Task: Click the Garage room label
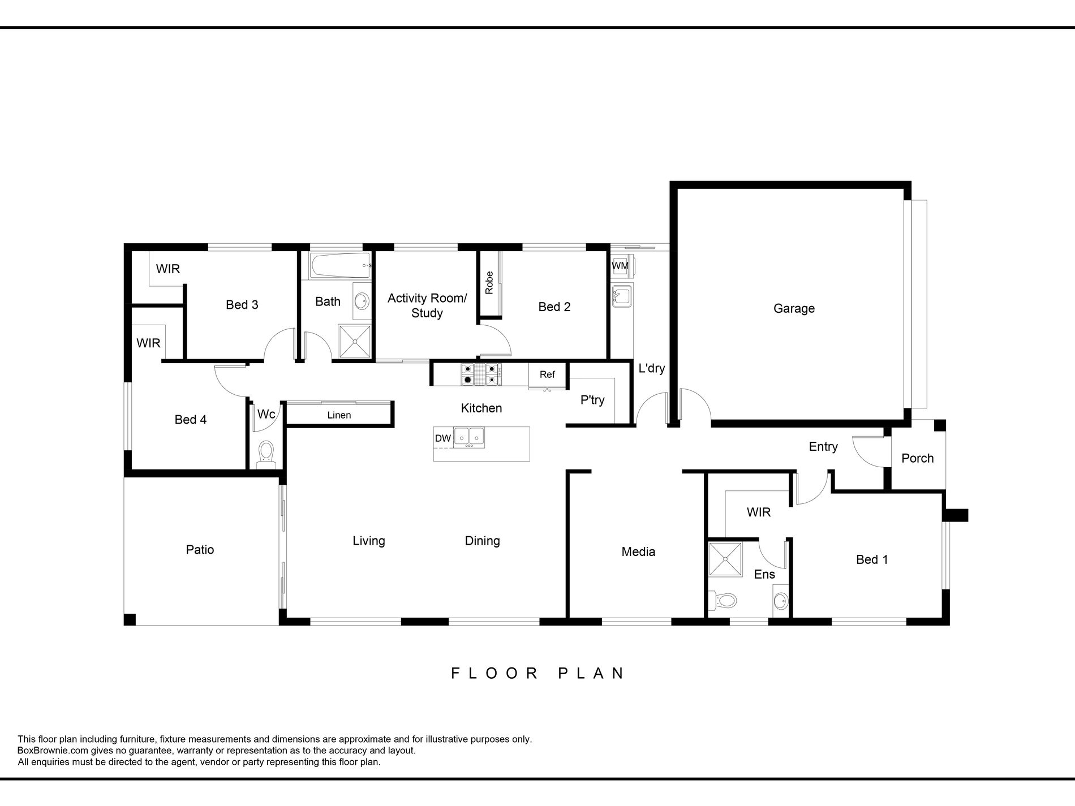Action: [x=794, y=309]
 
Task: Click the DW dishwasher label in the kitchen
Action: [x=443, y=438]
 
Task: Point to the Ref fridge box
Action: [x=547, y=375]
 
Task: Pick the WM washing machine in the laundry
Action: [x=621, y=266]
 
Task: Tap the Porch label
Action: [x=917, y=458]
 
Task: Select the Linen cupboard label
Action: [x=339, y=415]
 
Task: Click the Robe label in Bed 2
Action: [x=489, y=283]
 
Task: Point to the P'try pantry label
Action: [x=592, y=400]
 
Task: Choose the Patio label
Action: [x=200, y=550]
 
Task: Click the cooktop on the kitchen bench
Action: [x=481, y=374]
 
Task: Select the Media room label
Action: [x=638, y=552]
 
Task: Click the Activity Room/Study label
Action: [x=427, y=305]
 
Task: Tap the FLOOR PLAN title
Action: [x=537, y=673]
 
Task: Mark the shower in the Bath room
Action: [x=355, y=342]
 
